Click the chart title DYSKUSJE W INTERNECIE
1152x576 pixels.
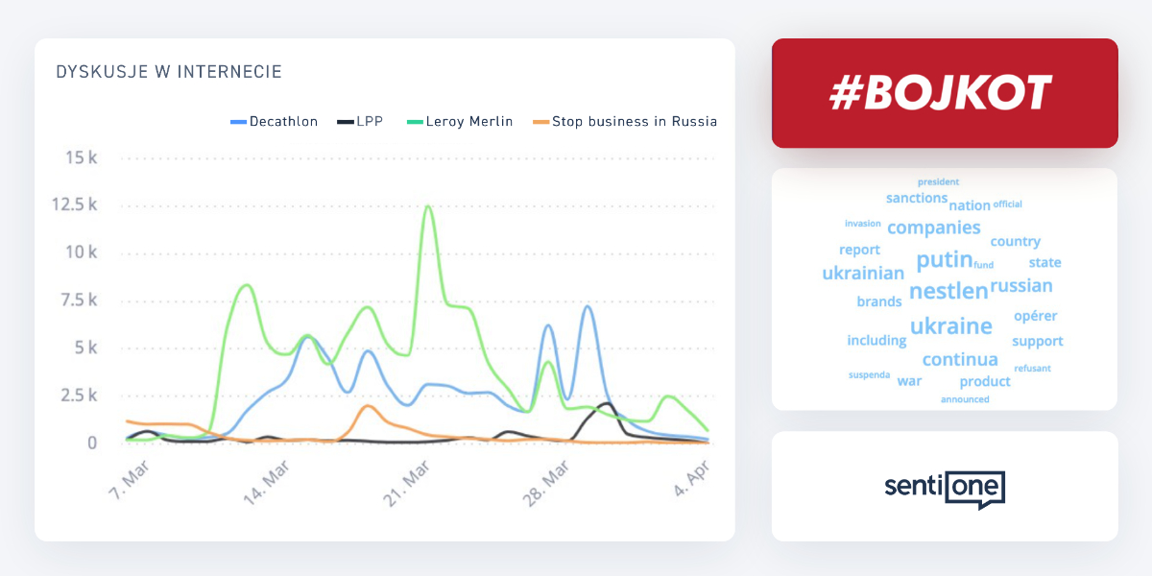[x=169, y=72]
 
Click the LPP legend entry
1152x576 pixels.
[x=361, y=122]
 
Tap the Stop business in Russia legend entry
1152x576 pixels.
[x=625, y=122]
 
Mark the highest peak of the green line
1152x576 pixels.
[x=427, y=206]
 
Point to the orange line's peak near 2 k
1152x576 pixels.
[x=367, y=406]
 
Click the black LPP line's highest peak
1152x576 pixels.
[x=606, y=403]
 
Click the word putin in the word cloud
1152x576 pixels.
[x=945, y=260]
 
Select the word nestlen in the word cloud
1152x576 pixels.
[x=948, y=291]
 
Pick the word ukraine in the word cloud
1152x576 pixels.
[x=950, y=326]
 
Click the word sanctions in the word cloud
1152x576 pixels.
[x=917, y=198]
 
